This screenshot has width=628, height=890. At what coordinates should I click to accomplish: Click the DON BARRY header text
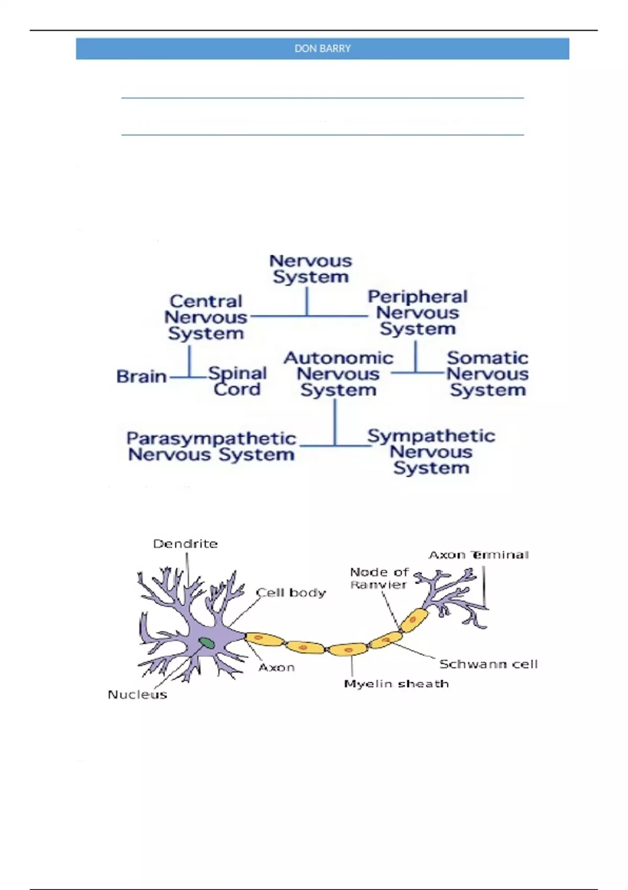point(322,49)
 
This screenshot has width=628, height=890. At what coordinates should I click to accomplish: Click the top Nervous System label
point(311,269)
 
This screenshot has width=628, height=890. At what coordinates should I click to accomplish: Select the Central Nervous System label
point(206,317)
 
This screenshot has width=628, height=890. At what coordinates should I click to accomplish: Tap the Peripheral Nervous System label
point(417,313)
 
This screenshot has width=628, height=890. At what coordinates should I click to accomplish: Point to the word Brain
point(141,376)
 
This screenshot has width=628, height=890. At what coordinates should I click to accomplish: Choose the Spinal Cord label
point(238,381)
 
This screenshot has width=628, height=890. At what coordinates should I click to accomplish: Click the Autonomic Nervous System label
point(338,374)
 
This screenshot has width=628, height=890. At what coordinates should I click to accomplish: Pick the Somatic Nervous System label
point(487,374)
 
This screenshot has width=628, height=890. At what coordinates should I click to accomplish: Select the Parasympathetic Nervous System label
point(211,446)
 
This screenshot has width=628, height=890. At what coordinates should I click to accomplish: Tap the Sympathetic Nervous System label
point(431,451)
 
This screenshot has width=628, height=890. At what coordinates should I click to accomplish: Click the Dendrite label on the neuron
point(185,544)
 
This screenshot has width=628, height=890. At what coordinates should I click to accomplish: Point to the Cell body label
point(291,593)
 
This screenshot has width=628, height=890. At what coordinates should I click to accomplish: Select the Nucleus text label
point(137,695)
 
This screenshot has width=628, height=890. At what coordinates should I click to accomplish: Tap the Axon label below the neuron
point(276,667)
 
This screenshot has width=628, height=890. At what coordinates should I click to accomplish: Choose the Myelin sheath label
point(396,684)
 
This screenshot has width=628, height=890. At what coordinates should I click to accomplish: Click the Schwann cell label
point(488,664)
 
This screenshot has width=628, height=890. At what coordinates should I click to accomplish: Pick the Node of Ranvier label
point(379,578)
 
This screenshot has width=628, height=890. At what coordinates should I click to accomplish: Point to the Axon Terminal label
point(478,555)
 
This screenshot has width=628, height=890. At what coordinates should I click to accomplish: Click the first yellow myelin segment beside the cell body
point(264,639)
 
